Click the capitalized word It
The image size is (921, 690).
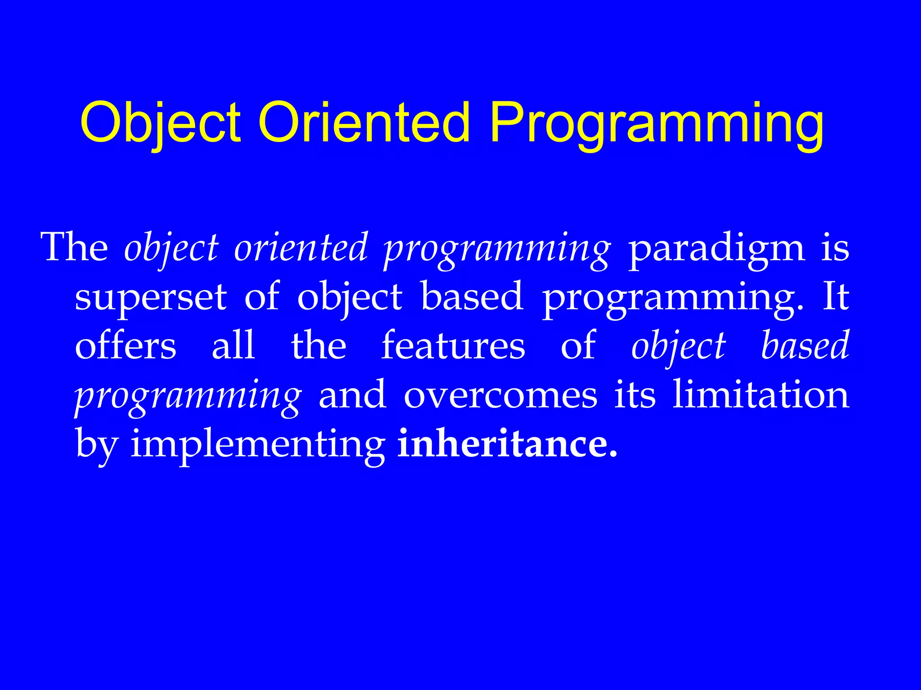(836, 296)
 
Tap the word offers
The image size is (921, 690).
(125, 346)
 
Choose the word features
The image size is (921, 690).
(453, 346)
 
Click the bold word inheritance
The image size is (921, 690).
(507, 444)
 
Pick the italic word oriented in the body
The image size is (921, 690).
(301, 248)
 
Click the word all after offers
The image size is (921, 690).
(233, 346)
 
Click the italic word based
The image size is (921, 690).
(805, 346)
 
